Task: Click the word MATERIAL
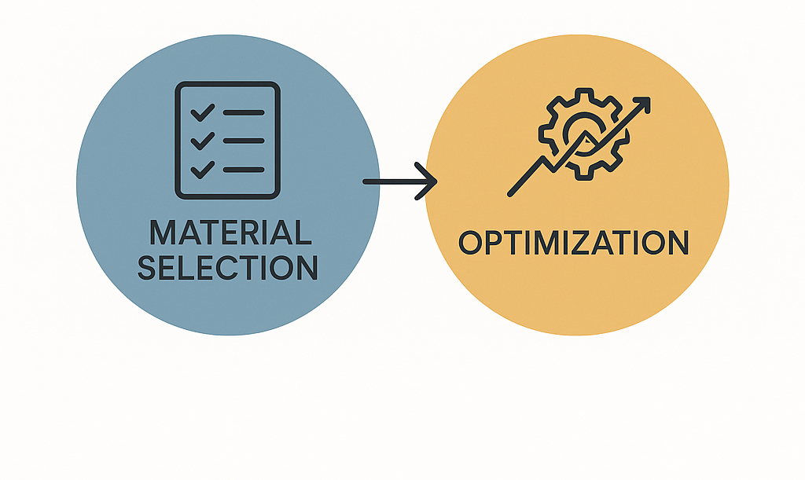click(x=230, y=233)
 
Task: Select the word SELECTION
click(x=228, y=268)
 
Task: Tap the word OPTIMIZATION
click(x=573, y=243)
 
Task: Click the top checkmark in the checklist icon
click(x=203, y=112)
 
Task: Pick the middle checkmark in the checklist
click(x=203, y=141)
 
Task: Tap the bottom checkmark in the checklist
click(x=203, y=168)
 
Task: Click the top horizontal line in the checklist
click(x=244, y=113)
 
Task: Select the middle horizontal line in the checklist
click(x=244, y=141)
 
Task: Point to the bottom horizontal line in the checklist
click(x=244, y=169)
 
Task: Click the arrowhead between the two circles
click(x=428, y=182)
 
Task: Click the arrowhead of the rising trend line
click(x=642, y=104)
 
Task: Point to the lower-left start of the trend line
click(x=512, y=192)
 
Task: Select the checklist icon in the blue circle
click(x=227, y=140)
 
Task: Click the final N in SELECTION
click(x=307, y=268)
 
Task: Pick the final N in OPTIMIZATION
click(x=676, y=243)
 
